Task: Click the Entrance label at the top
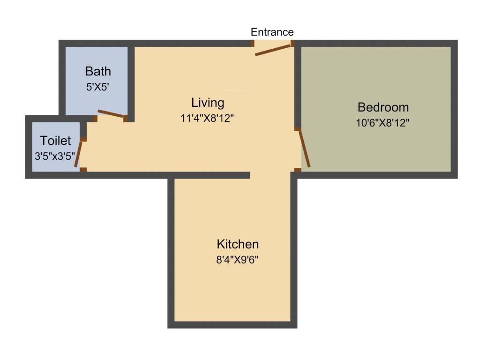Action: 272,32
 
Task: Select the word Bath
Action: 98,71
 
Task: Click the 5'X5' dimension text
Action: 98,87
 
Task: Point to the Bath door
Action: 111,114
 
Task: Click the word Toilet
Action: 55,141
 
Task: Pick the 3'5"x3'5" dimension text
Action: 55,157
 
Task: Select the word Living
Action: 208,102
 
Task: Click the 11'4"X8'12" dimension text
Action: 208,119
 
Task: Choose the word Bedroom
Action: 383,107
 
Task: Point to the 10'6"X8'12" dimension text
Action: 383,123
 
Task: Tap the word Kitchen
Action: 238,244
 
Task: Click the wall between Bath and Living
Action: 132,80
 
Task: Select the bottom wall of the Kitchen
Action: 232,325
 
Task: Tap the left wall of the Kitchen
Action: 171,248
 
